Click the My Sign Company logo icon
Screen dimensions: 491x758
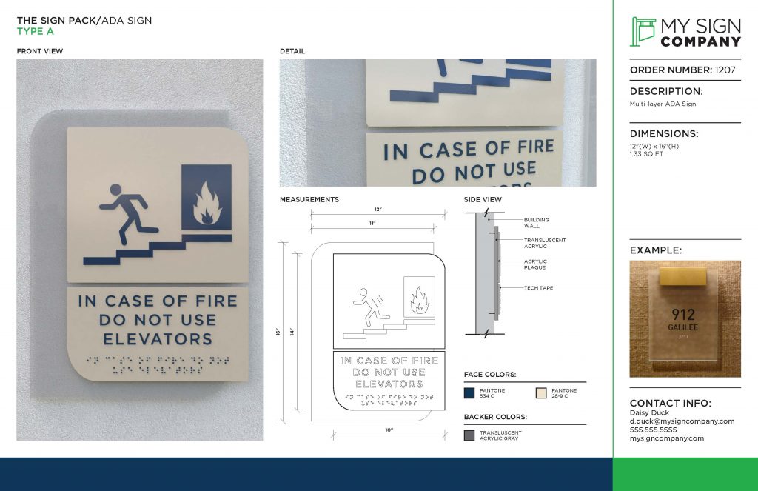click(643, 31)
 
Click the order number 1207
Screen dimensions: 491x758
click(725, 70)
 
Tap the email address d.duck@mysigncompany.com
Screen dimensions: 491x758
click(682, 421)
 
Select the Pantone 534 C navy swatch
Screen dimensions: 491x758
click(469, 393)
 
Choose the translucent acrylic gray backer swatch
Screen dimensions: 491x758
click(469, 435)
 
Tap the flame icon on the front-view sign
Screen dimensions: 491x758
click(207, 205)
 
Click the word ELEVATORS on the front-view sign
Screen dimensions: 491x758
click(158, 339)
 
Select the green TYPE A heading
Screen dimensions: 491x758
click(36, 32)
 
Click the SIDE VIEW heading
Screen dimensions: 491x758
click(483, 200)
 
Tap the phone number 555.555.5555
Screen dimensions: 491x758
click(653, 430)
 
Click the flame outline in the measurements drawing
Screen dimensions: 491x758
click(419, 300)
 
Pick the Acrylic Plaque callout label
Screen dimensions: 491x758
click(535, 264)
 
